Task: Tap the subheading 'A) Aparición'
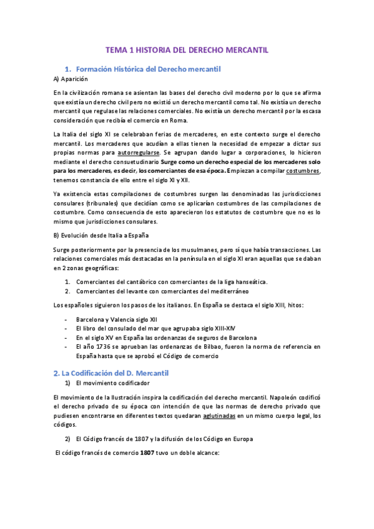coord(72,79)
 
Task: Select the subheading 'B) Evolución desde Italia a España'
coord(102,236)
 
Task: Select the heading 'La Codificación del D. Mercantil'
coord(121,372)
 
